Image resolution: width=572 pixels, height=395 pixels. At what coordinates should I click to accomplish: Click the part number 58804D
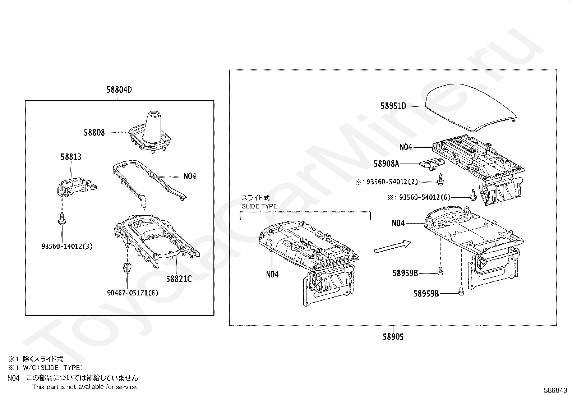(119, 89)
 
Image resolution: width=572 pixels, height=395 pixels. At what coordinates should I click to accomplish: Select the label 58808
(94, 133)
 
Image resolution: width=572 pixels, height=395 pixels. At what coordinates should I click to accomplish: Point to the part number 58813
(71, 157)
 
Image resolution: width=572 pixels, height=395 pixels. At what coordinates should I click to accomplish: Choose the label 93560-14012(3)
(67, 247)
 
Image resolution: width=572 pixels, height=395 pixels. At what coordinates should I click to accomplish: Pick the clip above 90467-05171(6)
(126, 267)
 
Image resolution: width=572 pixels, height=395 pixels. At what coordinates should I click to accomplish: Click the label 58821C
(179, 279)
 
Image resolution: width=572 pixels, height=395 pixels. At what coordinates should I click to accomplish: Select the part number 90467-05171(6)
(133, 293)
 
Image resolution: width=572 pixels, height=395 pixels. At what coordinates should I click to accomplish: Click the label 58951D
(393, 106)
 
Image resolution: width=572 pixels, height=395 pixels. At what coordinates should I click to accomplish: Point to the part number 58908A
(386, 164)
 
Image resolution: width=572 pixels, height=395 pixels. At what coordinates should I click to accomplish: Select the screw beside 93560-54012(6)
(473, 195)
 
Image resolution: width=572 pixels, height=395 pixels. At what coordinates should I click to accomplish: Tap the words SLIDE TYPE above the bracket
(259, 206)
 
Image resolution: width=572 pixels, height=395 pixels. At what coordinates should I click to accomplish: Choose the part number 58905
(393, 337)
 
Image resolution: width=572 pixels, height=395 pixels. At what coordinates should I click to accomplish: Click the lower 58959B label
(426, 294)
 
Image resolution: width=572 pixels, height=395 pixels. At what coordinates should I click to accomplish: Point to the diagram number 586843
(556, 390)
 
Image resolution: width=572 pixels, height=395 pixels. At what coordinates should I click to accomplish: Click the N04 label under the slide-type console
(272, 275)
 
